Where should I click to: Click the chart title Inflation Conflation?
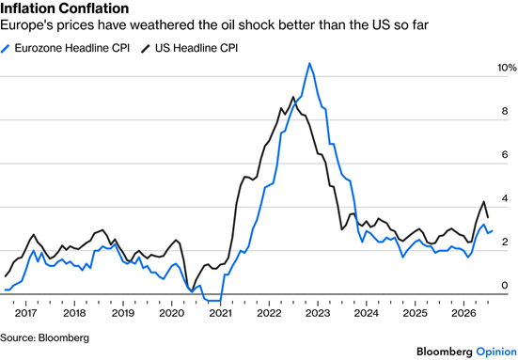coord(65,8)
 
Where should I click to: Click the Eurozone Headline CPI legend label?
coord(72,48)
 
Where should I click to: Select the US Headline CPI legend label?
coord(196,48)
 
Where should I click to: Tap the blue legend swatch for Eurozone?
coord(6,48)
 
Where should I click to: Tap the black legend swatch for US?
coord(146,48)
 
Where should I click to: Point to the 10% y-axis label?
coord(507,68)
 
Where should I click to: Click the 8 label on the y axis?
coord(505,111)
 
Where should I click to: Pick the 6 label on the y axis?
coord(505,154)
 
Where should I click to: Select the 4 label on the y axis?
coord(505,198)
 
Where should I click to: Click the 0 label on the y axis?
coord(505,286)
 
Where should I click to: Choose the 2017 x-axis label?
coord(25,313)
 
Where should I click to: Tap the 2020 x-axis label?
coord(171,313)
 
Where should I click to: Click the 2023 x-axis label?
coord(318,313)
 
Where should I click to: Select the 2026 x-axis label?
coord(463,313)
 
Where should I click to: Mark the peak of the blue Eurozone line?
coord(309,63)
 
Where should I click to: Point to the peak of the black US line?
coord(292,97)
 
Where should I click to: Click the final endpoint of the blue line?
coord(493,231)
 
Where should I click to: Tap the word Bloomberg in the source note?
coord(64,338)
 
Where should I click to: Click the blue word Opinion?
coord(496,352)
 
